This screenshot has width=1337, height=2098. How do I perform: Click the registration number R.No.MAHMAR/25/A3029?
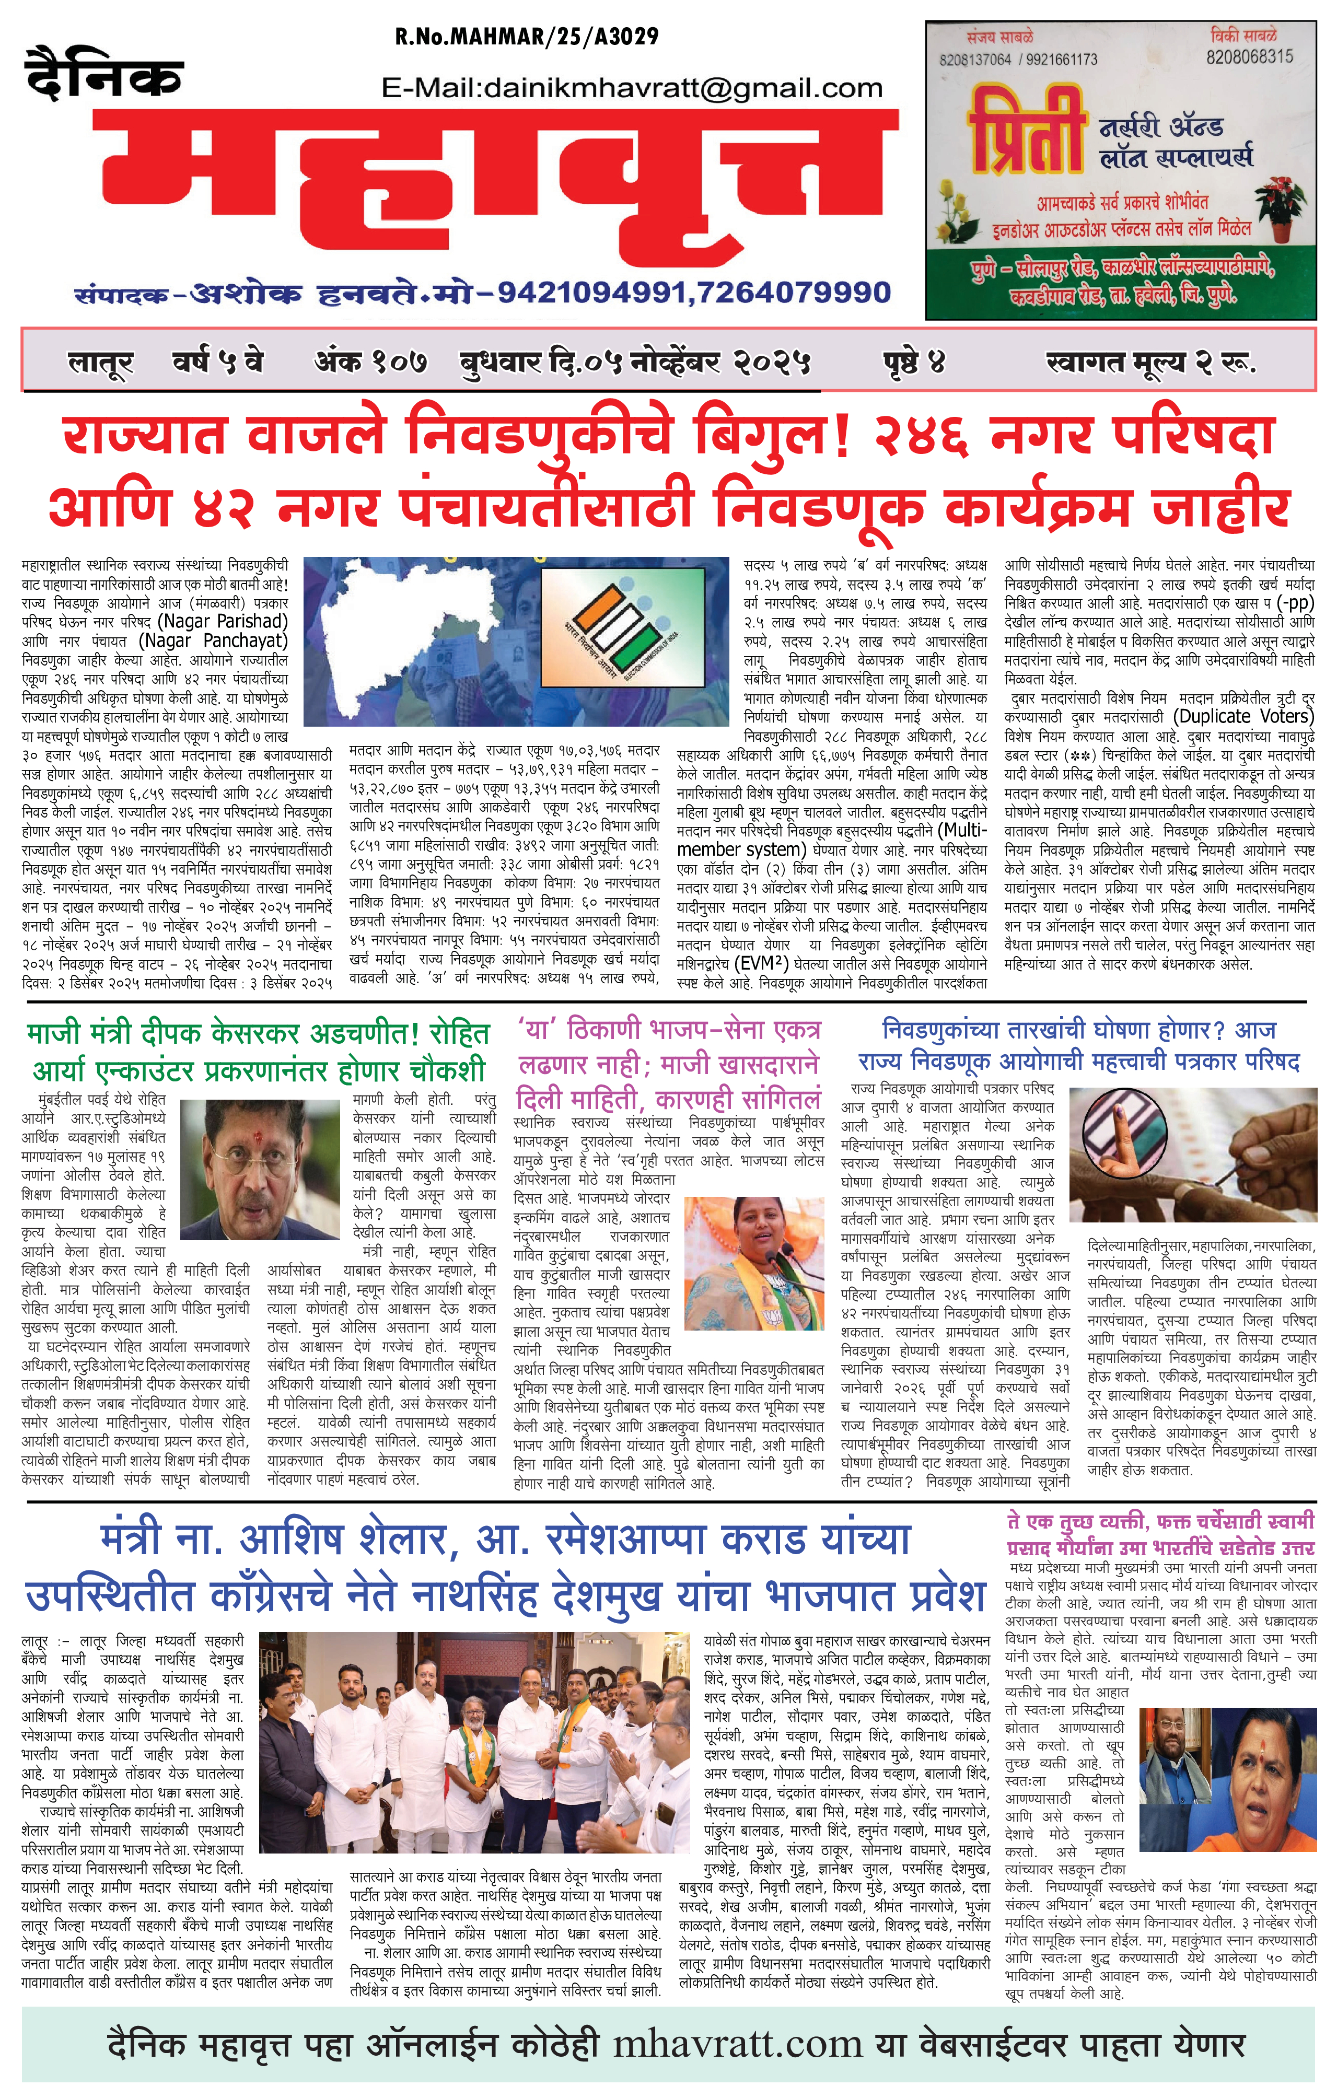coord(527,37)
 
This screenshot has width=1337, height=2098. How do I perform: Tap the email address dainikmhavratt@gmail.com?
coord(632,88)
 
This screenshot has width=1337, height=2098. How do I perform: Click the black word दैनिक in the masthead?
coord(104,75)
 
